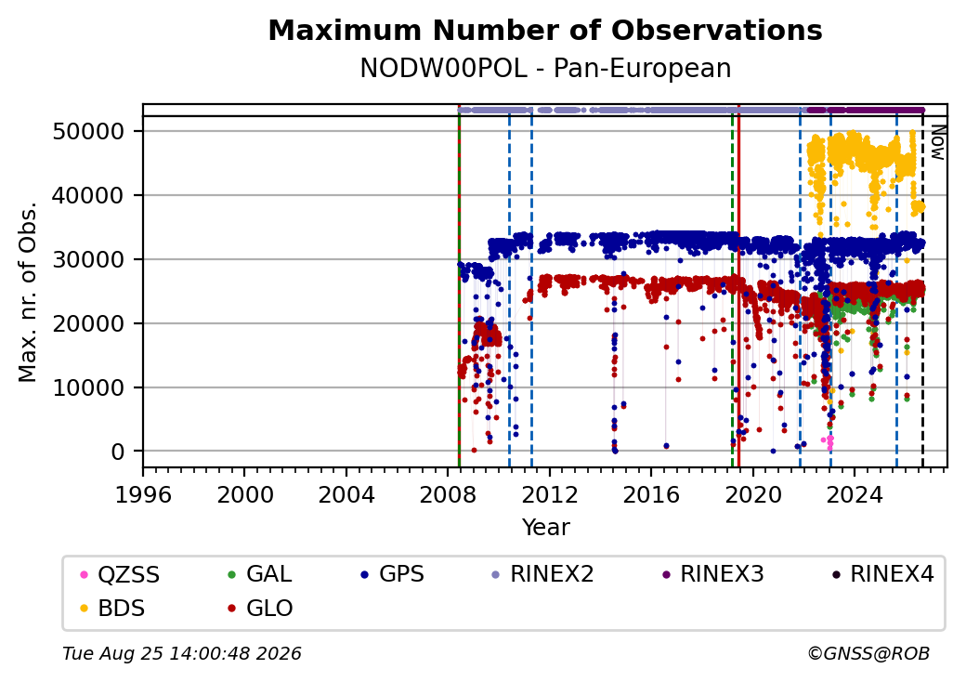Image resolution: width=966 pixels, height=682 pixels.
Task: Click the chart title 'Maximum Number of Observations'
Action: (x=545, y=30)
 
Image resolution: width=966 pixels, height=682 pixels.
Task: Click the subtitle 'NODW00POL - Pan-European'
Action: (x=545, y=69)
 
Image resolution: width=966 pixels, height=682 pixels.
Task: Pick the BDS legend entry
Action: (x=113, y=608)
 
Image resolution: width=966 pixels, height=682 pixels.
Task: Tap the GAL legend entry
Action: (x=261, y=574)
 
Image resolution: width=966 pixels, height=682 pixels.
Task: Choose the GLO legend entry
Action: (x=261, y=608)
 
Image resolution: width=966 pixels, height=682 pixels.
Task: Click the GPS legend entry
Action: (x=393, y=574)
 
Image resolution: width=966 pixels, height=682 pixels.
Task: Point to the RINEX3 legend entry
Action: (x=712, y=574)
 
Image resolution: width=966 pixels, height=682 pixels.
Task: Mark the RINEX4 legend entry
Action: (x=882, y=574)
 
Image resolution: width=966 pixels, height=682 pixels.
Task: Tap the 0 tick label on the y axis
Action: (x=118, y=452)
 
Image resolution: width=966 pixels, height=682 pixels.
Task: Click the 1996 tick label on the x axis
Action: (x=144, y=494)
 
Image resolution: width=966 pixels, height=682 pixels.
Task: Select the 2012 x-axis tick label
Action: (x=550, y=494)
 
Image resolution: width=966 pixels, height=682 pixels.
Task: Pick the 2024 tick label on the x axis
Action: (x=855, y=494)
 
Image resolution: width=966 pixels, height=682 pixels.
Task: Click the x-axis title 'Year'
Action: (x=546, y=528)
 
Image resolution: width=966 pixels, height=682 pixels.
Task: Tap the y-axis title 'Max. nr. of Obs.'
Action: (x=28, y=292)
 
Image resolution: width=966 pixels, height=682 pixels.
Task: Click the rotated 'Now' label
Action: (x=937, y=142)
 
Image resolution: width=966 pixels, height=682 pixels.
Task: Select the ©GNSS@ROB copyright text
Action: (x=868, y=653)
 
